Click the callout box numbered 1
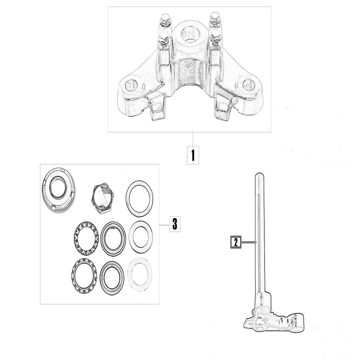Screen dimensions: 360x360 (x=193, y=155)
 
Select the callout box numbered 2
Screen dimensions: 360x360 (x=236, y=242)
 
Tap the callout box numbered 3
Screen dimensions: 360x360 (x=175, y=224)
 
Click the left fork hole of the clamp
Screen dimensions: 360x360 (x=131, y=85)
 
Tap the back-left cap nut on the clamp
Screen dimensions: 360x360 (x=165, y=20)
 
